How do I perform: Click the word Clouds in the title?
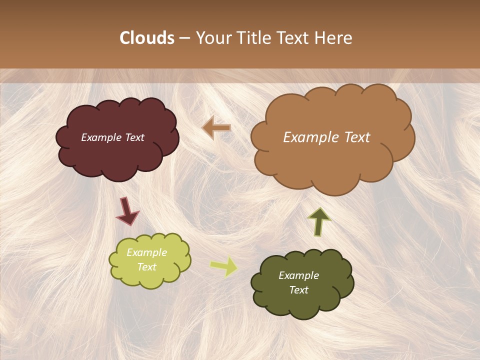tap(147, 38)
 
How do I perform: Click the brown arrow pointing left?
tap(216, 128)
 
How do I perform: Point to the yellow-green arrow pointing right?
tap(223, 267)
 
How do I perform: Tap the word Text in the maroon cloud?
tap(134, 137)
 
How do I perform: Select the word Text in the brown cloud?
tap(357, 137)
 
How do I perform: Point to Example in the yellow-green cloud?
tap(147, 252)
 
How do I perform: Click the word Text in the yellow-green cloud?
tap(147, 267)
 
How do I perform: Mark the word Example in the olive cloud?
tap(298, 275)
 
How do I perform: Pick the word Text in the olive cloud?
tap(298, 290)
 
